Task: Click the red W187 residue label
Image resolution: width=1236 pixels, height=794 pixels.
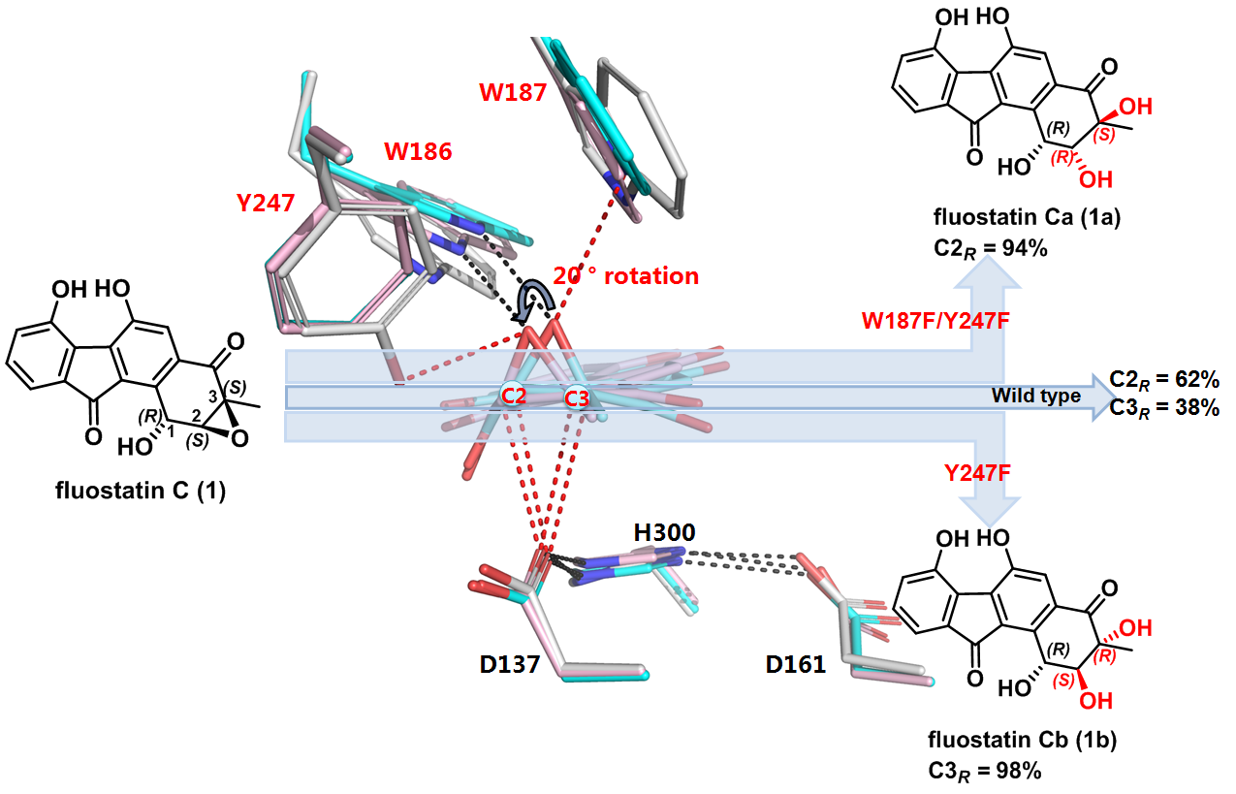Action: pos(512,94)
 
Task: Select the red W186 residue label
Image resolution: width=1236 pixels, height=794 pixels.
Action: pos(418,151)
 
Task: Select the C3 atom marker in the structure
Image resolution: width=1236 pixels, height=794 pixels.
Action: pos(578,397)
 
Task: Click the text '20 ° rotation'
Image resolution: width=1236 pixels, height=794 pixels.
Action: pos(625,276)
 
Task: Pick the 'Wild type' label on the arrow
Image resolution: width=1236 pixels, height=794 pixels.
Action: pos(1036,396)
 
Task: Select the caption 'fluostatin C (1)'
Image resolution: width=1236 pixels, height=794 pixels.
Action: pos(142,492)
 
